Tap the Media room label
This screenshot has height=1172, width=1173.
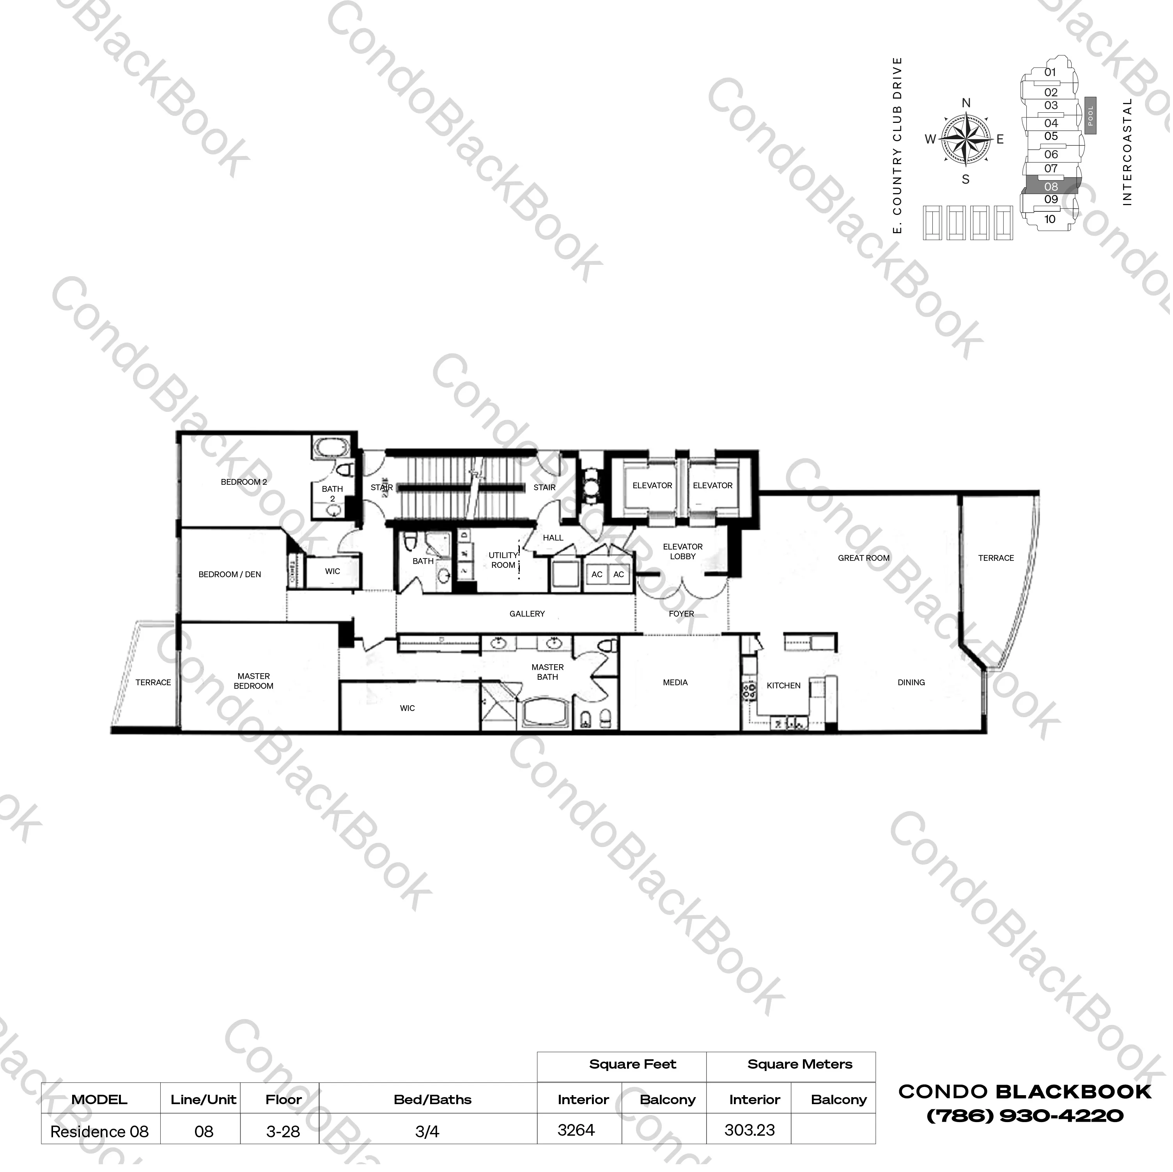[x=676, y=684]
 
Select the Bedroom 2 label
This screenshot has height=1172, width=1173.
[x=244, y=483]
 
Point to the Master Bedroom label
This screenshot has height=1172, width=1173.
[x=254, y=682]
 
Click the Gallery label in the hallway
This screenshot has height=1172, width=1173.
[x=528, y=615]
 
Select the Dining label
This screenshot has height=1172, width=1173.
[x=913, y=684]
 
